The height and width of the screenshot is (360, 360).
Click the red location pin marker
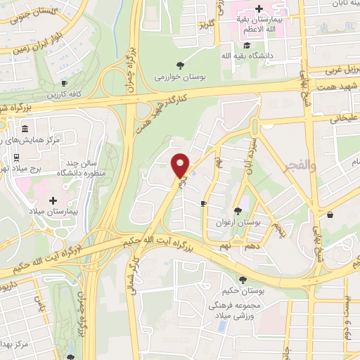181,165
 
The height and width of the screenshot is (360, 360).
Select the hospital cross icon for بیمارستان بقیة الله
259,8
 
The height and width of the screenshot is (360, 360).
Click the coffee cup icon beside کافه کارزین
65,83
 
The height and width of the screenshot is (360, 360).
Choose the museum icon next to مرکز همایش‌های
26,129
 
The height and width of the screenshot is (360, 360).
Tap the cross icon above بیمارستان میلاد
53,200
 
